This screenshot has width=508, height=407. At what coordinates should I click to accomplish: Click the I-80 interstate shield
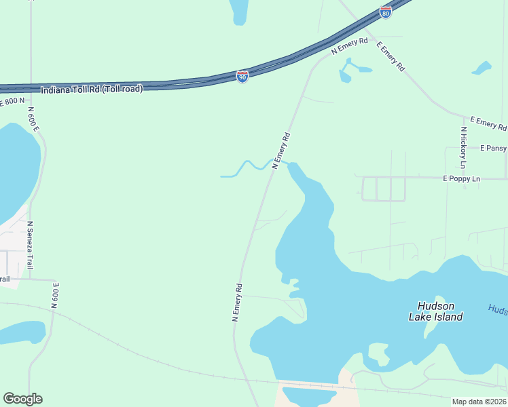386,13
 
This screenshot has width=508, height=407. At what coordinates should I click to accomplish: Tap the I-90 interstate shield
242,76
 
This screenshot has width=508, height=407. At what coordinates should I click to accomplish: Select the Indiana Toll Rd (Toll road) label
92,89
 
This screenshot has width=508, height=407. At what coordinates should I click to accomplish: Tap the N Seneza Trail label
30,245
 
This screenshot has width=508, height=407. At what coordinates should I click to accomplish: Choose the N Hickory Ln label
464,148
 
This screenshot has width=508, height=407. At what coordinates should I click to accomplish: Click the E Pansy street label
493,148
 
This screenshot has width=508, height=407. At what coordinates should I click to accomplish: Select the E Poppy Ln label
461,178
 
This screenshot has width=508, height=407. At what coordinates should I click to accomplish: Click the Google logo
23,399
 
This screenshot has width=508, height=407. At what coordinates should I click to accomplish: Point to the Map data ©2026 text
479,402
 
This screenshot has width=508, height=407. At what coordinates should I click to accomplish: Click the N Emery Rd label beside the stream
281,150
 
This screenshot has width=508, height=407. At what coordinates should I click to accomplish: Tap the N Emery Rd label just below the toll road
349,46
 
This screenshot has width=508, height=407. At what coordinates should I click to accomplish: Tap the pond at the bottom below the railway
310,397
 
